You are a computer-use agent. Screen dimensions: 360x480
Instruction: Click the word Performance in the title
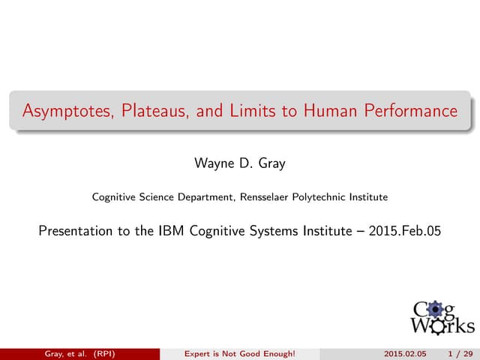(411, 112)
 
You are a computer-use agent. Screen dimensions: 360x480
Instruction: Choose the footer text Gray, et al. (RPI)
(78, 353)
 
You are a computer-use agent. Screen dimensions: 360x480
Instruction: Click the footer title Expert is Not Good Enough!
(240, 353)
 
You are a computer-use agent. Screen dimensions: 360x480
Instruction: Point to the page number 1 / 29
(456, 353)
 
